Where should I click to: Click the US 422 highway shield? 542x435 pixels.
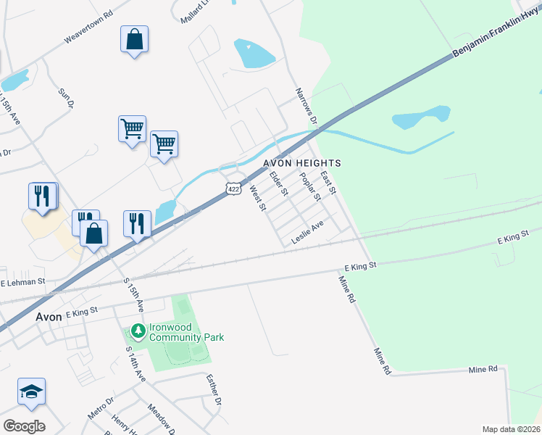pyautogui.click(x=233, y=188)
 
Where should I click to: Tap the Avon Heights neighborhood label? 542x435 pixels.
pyautogui.click(x=301, y=163)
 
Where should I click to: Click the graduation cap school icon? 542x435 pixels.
pyautogui.click(x=31, y=391)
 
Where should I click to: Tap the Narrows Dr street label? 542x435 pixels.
pyautogui.click(x=307, y=106)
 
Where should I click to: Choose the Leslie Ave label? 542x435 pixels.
pyautogui.click(x=307, y=233)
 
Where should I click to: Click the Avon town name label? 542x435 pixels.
pyautogui.click(x=49, y=317)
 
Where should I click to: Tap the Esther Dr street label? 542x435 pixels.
pyautogui.click(x=213, y=390)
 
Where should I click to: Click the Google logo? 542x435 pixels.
pyautogui.click(x=24, y=426)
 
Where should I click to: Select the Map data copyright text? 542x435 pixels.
pyautogui.click(x=511, y=429)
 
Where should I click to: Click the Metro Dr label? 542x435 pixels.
pyautogui.click(x=101, y=408)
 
